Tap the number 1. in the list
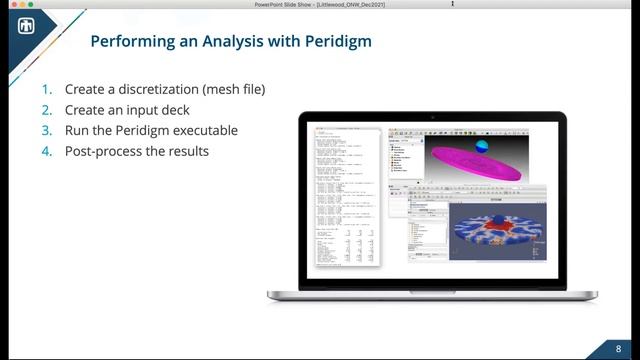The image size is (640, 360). tap(46, 89)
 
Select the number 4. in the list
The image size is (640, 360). tap(46, 152)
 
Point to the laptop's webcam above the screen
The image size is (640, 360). tap(432, 117)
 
